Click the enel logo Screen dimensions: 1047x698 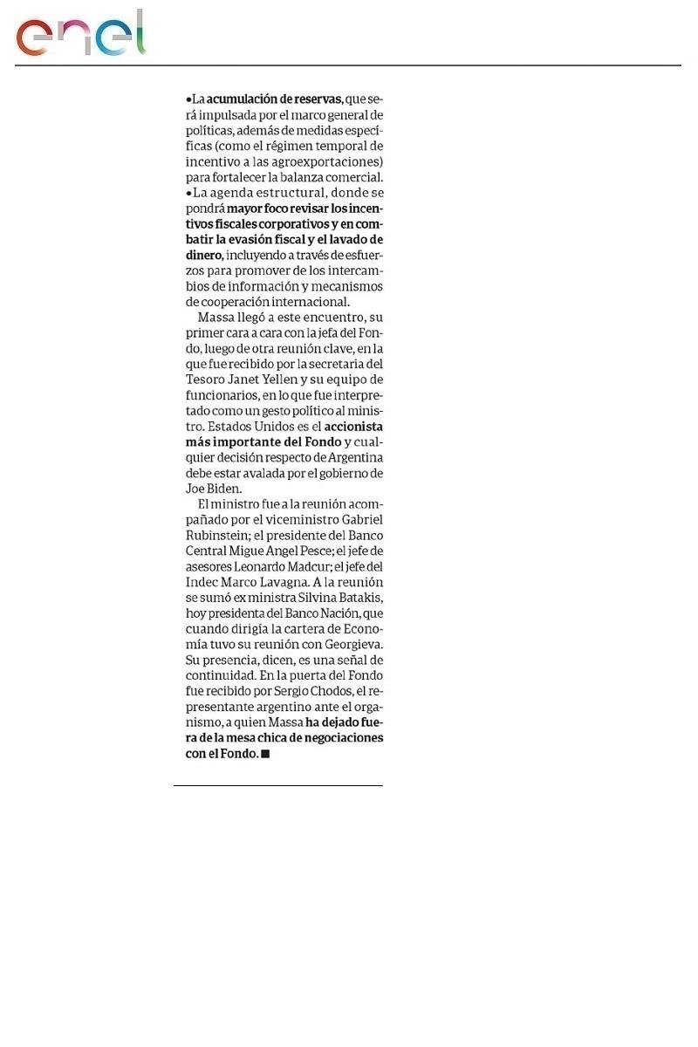click(79, 35)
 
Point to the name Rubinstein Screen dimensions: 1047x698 click(219, 536)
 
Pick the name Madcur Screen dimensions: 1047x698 click(294, 567)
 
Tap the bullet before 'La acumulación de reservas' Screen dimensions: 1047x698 click(188, 99)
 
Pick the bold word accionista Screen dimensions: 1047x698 click(353, 428)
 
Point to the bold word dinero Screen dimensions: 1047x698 click(204, 255)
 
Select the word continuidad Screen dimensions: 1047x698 click(220, 677)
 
